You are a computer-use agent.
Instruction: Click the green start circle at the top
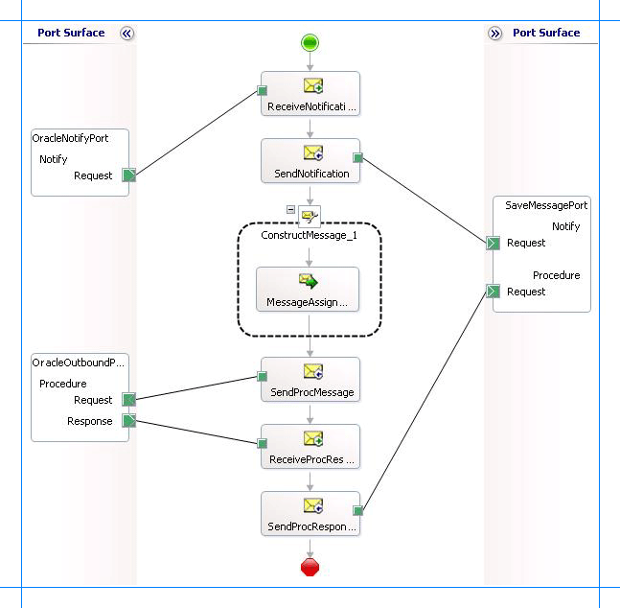[x=310, y=42]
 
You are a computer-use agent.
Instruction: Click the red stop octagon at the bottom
[x=310, y=567]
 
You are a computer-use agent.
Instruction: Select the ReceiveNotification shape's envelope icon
[x=312, y=86]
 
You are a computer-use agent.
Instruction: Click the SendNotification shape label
[x=310, y=174]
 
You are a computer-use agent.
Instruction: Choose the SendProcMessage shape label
[x=310, y=392]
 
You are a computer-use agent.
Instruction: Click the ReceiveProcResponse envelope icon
[x=312, y=439]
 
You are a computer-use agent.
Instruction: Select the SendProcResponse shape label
[x=310, y=526]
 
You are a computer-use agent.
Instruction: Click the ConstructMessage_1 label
[x=309, y=235]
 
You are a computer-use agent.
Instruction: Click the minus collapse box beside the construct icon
[x=290, y=209]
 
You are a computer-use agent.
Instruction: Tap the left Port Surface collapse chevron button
[x=126, y=33]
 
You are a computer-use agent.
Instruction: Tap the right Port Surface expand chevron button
[x=494, y=33]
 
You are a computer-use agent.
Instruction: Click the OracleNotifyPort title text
[x=70, y=138]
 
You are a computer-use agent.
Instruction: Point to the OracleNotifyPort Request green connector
[x=129, y=175]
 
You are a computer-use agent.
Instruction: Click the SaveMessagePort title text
[x=546, y=205]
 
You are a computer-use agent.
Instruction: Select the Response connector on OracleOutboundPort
[x=129, y=421]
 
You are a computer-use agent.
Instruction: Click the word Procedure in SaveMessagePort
[x=556, y=275]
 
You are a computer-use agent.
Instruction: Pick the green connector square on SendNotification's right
[x=357, y=157]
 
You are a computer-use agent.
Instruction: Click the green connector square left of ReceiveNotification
[x=261, y=92]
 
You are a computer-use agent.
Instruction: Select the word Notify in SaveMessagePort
[x=565, y=226]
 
